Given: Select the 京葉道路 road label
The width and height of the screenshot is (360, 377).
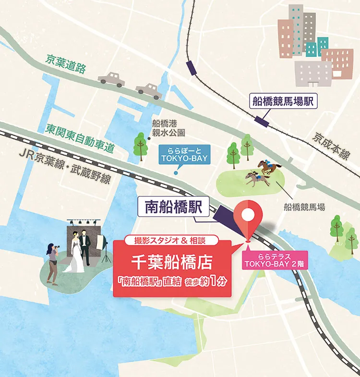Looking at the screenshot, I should coord(65,65).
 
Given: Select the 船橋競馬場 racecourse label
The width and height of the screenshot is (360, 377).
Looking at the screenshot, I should coord(304,207).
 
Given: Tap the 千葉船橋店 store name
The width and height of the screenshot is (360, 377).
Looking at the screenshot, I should coord(172,263).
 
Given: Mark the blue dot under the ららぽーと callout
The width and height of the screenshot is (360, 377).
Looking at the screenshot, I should coord(176,172).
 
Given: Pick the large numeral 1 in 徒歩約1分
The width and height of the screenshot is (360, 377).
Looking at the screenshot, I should coord(213,280).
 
